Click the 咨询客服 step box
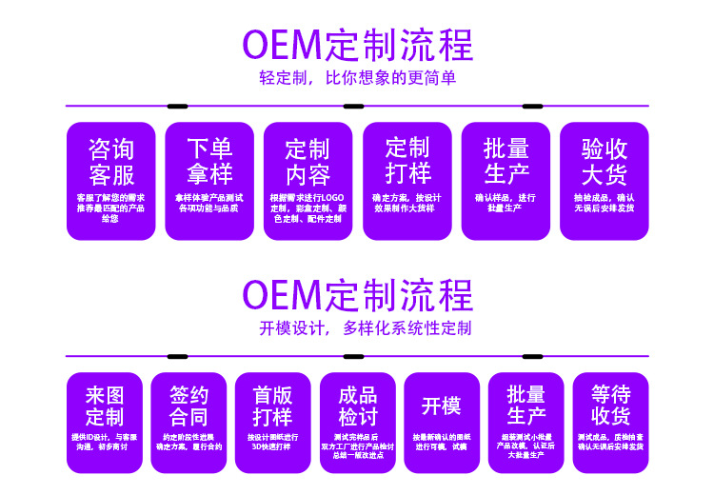(x=110, y=181)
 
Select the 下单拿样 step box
(x=209, y=181)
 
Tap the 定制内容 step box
(x=307, y=181)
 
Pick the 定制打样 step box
(x=407, y=181)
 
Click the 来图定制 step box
(x=105, y=422)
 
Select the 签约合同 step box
(x=188, y=422)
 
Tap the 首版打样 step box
(x=272, y=422)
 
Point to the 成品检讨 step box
(x=357, y=422)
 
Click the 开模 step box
(x=441, y=422)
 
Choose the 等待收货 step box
(x=610, y=422)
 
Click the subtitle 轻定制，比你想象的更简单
(x=357, y=78)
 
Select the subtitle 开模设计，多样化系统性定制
(x=357, y=328)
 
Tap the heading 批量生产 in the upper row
(x=506, y=161)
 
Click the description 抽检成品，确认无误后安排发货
(x=605, y=203)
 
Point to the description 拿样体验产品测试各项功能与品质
(x=209, y=203)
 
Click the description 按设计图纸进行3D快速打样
(x=272, y=442)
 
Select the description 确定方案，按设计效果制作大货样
(x=407, y=203)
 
